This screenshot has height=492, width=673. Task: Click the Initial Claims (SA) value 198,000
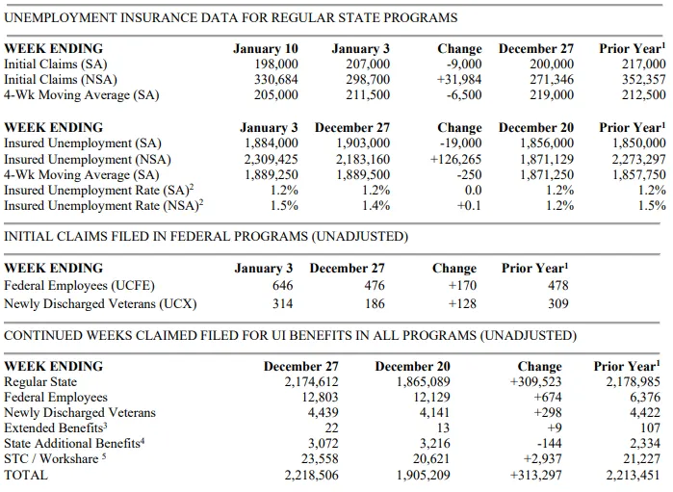point(276,65)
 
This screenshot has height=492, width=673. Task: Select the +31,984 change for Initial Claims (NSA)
point(459,80)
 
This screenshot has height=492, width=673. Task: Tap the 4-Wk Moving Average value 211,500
point(368,95)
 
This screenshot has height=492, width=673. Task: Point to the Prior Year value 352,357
point(644,80)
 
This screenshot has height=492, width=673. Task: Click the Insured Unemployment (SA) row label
point(83,143)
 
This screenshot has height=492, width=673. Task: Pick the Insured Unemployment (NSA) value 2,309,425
point(271,160)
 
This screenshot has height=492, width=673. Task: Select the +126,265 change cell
point(455,160)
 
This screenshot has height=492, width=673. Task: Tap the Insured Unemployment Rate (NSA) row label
point(103,206)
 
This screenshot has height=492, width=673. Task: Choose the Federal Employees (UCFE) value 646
point(282,286)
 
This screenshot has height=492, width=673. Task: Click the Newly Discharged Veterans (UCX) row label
point(100,304)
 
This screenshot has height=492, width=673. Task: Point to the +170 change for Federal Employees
point(462,286)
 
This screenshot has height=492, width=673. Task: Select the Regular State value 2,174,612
point(311,381)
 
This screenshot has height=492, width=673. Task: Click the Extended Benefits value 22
point(331,428)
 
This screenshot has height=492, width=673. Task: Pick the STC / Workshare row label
point(55,459)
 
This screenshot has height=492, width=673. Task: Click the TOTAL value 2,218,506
point(311,476)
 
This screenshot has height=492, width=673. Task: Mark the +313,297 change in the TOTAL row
point(535,476)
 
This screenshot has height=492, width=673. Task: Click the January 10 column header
point(265,49)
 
